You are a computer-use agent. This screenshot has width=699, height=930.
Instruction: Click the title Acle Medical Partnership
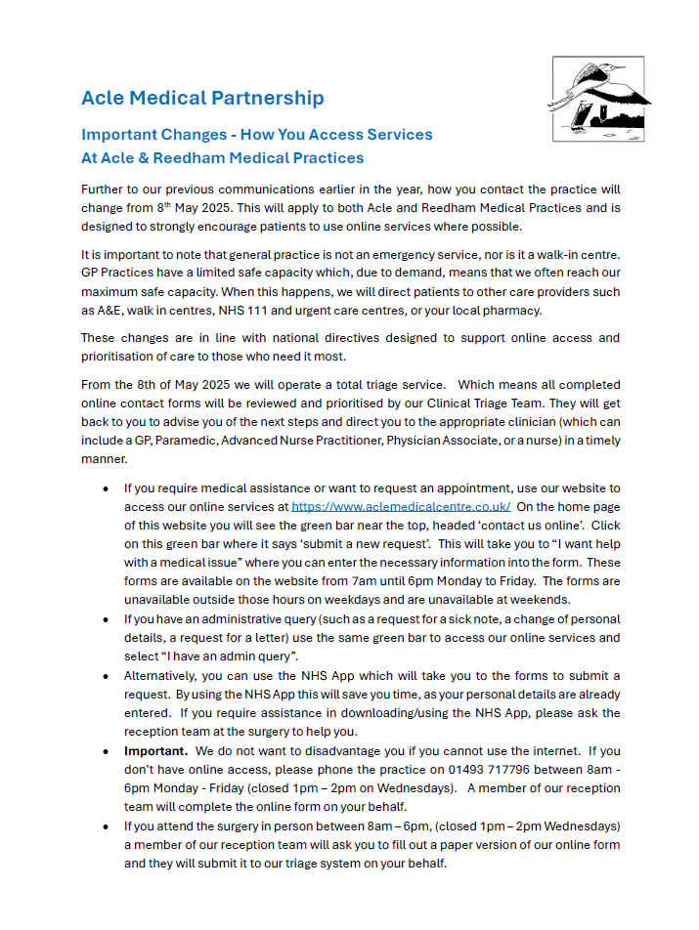click(x=202, y=98)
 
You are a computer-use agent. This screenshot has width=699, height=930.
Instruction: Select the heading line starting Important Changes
click(x=257, y=134)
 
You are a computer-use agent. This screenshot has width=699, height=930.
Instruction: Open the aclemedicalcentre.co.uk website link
click(x=401, y=506)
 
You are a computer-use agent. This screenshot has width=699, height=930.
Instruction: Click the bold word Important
click(x=155, y=751)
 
